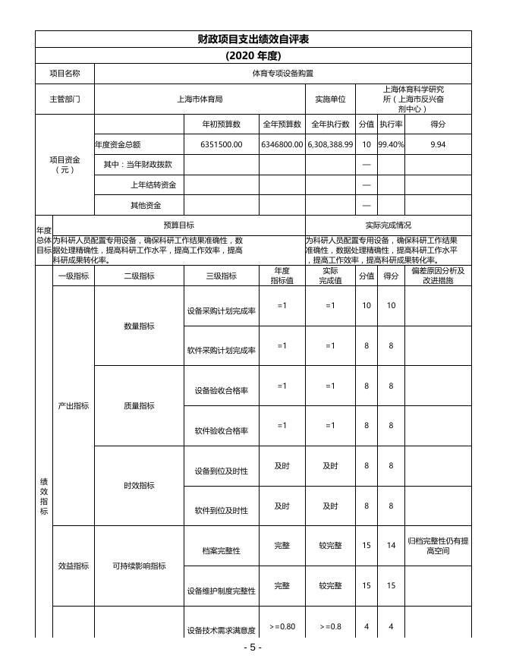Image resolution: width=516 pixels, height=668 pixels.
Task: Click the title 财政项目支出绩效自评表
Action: coord(253,39)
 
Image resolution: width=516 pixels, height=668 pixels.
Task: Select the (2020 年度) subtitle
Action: coord(253,55)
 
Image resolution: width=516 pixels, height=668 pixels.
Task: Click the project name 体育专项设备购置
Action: coord(282,74)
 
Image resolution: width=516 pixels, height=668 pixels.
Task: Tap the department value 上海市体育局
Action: coord(199,99)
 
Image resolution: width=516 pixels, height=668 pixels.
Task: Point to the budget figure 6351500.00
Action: coord(221,144)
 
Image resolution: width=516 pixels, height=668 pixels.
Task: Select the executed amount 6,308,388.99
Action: coord(330,144)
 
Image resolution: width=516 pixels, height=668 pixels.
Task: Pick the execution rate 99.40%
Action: coord(391,144)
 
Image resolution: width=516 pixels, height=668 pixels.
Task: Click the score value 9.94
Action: coord(438,144)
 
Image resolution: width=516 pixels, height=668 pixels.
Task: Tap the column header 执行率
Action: coord(391,124)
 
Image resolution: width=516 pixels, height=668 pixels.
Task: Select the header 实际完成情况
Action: coord(388,225)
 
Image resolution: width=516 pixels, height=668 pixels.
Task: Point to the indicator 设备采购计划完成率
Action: coord(221,311)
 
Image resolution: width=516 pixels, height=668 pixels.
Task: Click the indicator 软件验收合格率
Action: coord(221,431)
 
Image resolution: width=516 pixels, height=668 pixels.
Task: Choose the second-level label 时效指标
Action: coord(139,486)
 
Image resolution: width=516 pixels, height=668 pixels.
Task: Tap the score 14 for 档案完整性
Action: coord(391,546)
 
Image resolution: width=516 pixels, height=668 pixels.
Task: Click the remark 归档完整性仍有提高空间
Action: coord(438,546)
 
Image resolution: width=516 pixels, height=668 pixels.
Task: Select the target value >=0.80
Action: coord(282,626)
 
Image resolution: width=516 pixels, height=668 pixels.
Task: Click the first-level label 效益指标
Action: coord(74,566)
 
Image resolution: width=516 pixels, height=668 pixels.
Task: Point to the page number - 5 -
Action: coord(253,648)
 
